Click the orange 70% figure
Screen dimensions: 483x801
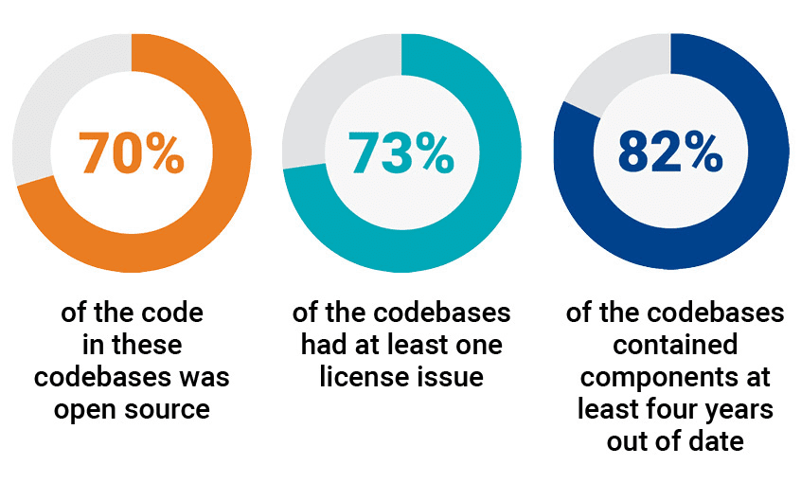pyautogui.click(x=132, y=152)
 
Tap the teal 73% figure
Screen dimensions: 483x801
pyautogui.click(x=400, y=152)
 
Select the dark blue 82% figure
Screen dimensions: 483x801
pyautogui.click(x=670, y=152)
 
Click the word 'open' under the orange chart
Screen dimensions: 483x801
pyautogui.click(x=89, y=409)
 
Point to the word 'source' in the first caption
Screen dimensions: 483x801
pyautogui.click(x=169, y=409)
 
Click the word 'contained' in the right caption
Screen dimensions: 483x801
pyautogui.click(x=670, y=345)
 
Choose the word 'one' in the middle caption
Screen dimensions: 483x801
pyautogui.click(x=479, y=345)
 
